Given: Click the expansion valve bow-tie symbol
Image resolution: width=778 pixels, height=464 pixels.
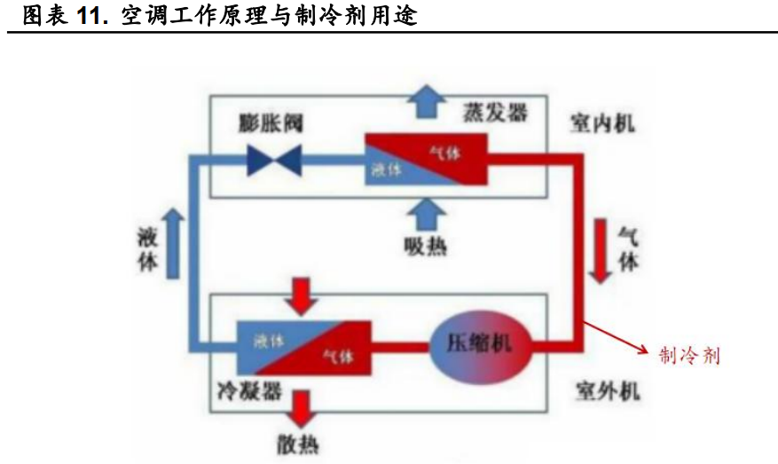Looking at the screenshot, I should (x=273, y=161).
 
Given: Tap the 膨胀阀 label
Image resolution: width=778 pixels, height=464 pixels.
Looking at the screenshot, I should (x=271, y=122).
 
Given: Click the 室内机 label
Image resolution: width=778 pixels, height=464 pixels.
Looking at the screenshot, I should (x=602, y=124).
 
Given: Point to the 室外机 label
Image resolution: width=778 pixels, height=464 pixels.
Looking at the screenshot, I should (x=608, y=390).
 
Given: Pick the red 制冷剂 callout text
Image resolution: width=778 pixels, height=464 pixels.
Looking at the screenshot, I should (x=689, y=356).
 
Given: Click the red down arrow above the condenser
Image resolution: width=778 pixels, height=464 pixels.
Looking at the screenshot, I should (x=303, y=295).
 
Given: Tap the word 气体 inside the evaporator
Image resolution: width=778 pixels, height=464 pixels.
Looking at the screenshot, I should (x=445, y=153).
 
